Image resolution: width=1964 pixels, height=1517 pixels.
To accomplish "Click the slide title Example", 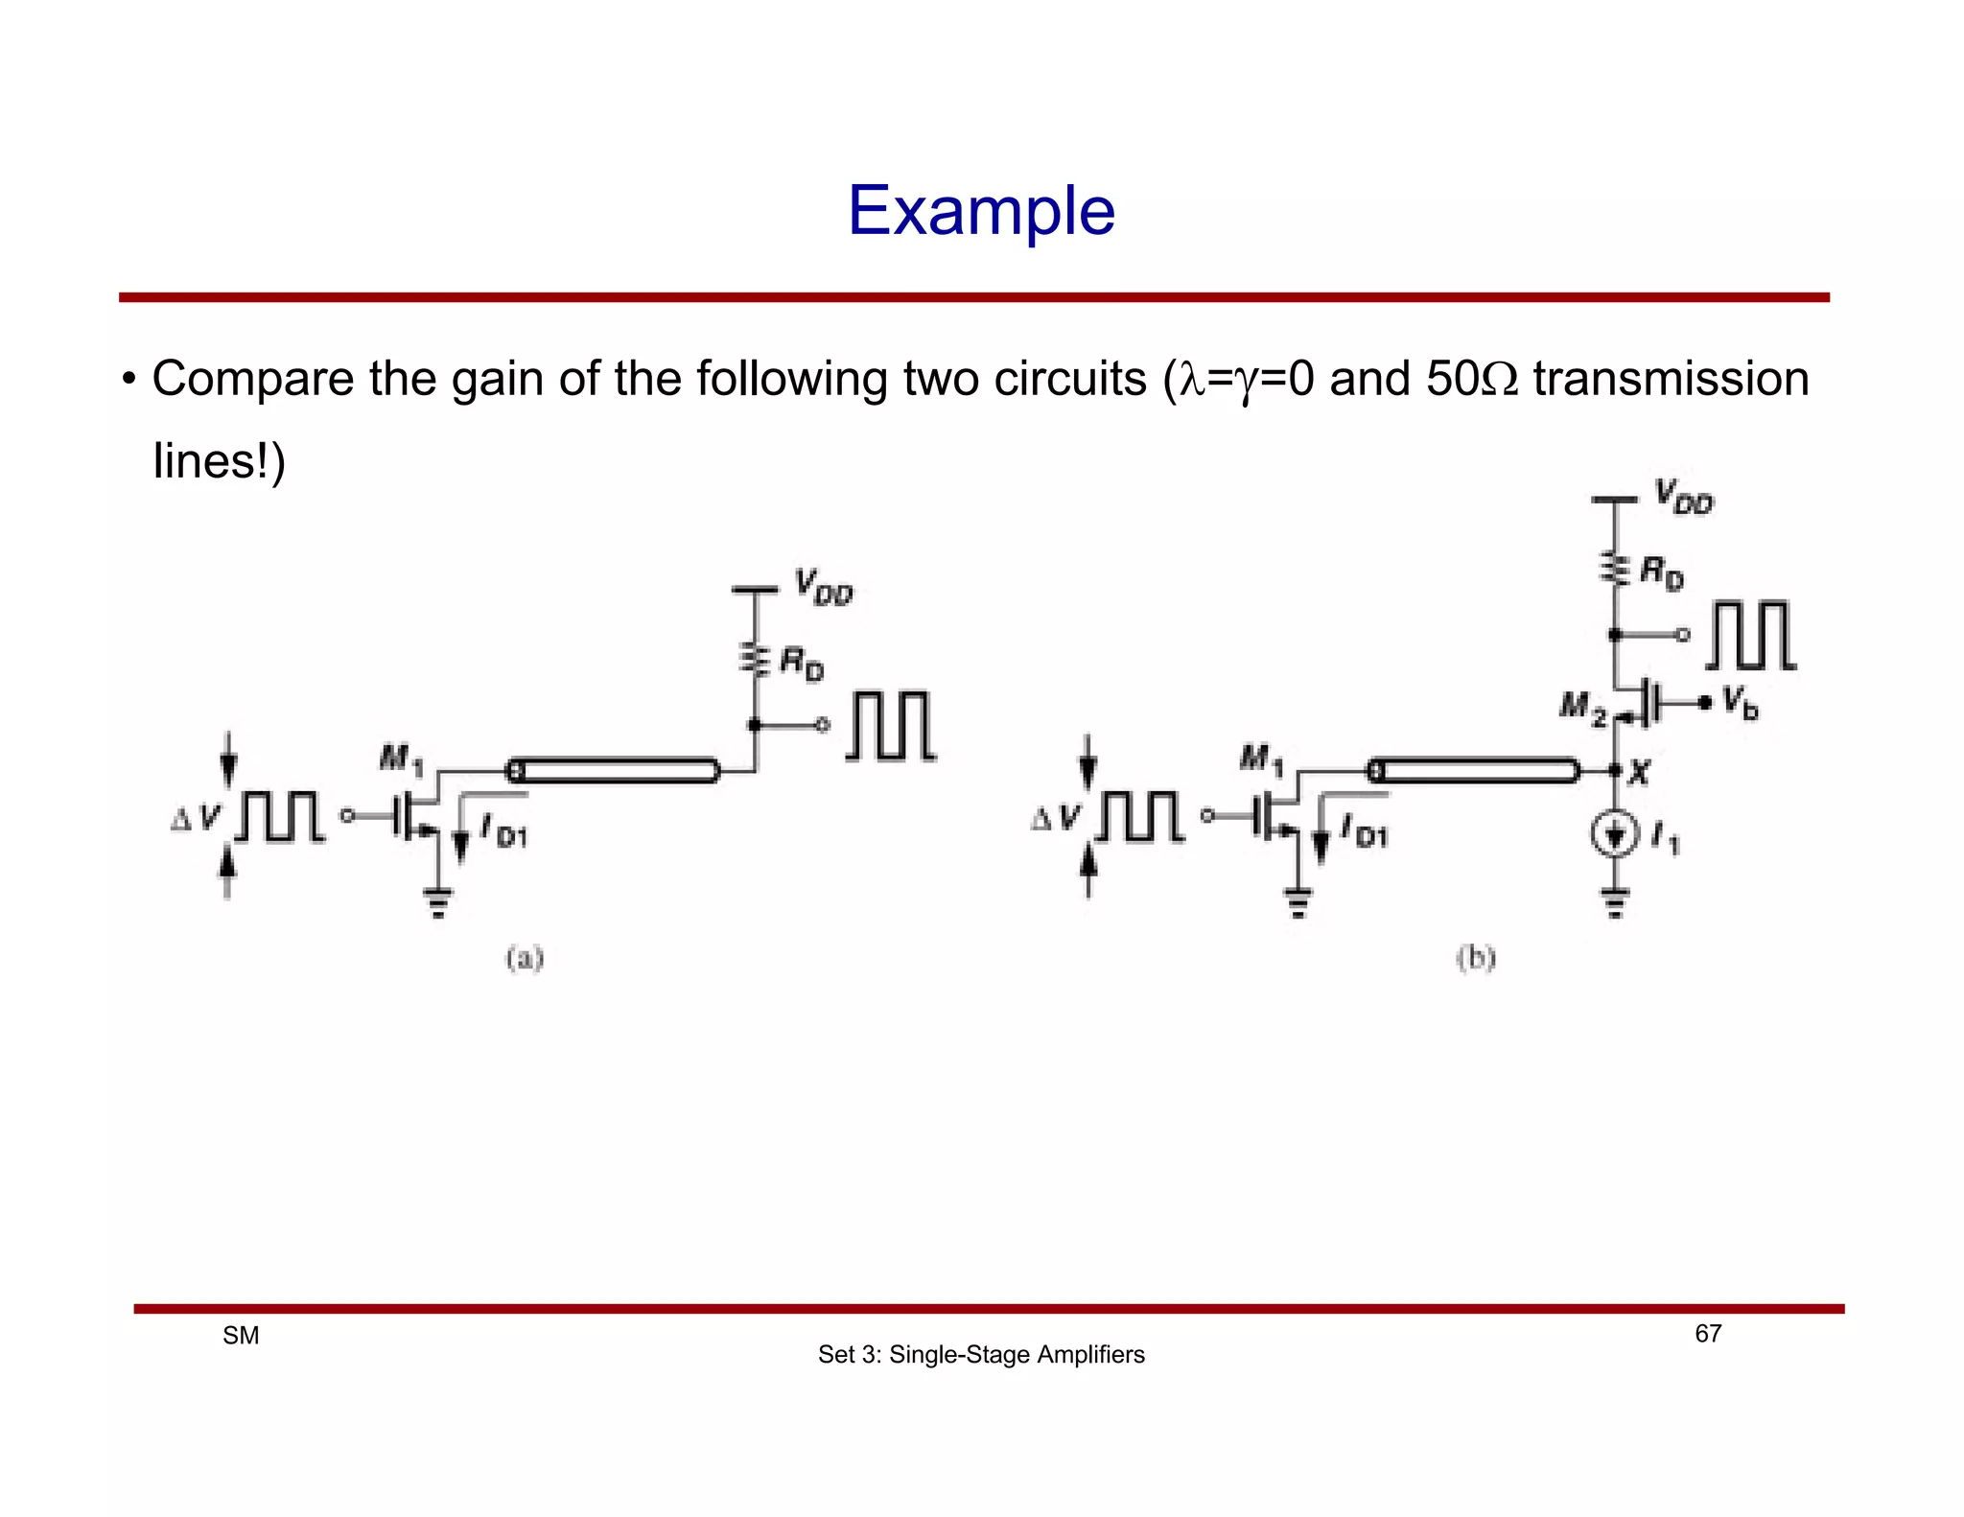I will pyautogui.click(x=981, y=211).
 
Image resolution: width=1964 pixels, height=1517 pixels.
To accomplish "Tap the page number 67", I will pyautogui.click(x=1708, y=1334).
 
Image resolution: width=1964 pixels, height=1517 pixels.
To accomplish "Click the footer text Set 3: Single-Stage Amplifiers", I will pyautogui.click(x=981, y=1355).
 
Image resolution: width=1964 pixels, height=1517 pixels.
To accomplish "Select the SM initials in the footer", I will pyautogui.click(x=241, y=1336).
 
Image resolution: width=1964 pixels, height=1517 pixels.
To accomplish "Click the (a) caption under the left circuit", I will pyautogui.click(x=525, y=958).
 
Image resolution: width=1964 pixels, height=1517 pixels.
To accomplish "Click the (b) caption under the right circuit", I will pyautogui.click(x=1476, y=958).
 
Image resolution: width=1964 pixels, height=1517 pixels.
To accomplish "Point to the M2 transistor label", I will pyautogui.click(x=1581, y=709).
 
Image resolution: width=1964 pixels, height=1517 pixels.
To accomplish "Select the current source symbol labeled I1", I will pyautogui.click(x=1615, y=835).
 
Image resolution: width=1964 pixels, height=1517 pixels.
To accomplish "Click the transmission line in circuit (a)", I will pyautogui.click(x=614, y=770).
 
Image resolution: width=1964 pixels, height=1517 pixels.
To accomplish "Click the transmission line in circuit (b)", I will pyautogui.click(x=1475, y=770).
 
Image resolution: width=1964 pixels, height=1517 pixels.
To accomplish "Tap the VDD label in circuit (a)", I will pyautogui.click(x=823, y=587).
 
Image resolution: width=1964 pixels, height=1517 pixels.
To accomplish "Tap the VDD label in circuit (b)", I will pyautogui.click(x=1683, y=498).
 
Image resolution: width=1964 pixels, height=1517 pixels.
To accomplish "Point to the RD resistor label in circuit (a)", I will pyautogui.click(x=801, y=663).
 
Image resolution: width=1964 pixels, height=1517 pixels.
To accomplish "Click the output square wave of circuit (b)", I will pyautogui.click(x=1751, y=636).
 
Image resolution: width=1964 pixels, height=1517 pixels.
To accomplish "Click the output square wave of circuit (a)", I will pyautogui.click(x=891, y=726).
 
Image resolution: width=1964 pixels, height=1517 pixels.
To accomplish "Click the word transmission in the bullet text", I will pyautogui.click(x=1671, y=379).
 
